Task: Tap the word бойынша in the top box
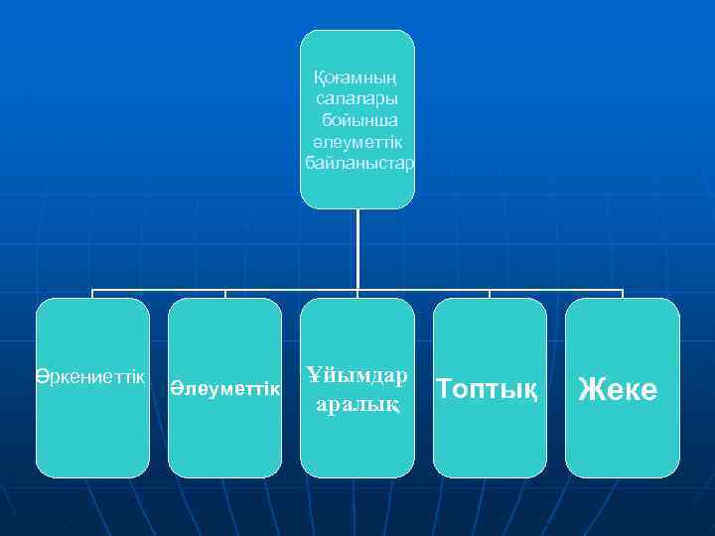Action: coord(357,119)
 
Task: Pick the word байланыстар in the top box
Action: coord(357,161)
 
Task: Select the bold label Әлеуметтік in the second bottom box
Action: coord(224,390)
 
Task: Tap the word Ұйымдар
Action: coord(357,376)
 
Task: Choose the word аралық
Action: coord(357,404)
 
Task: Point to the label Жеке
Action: coord(619,389)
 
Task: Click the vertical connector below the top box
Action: coord(357,248)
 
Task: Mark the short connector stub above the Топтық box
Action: coord(490,294)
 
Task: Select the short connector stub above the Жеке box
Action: coord(623,294)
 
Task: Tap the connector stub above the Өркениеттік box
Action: coord(92,294)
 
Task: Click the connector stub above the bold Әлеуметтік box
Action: coord(225,294)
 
